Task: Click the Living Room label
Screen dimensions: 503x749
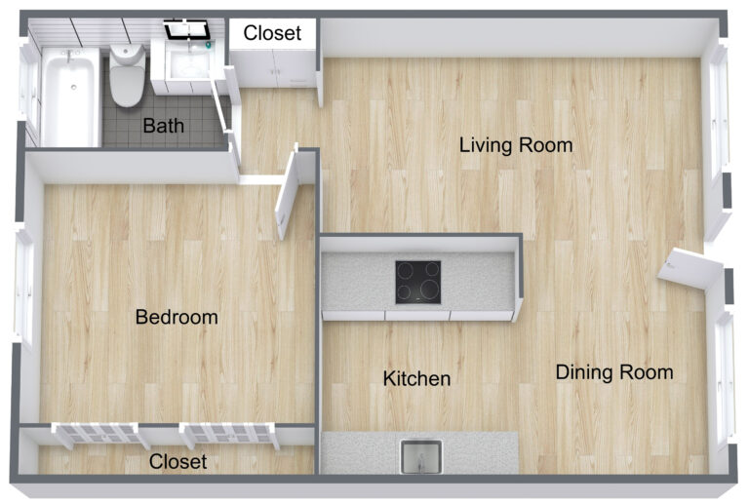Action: pyautogui.click(x=516, y=146)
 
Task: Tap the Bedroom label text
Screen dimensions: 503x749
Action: pyautogui.click(x=177, y=317)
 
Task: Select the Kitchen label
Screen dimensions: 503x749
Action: pyautogui.click(x=416, y=378)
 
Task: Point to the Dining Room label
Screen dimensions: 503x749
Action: pyautogui.click(x=614, y=371)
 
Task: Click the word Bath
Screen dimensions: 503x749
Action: pyautogui.click(x=163, y=126)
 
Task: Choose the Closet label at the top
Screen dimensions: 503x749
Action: pyautogui.click(x=272, y=33)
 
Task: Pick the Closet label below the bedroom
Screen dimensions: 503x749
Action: pyautogui.click(x=177, y=461)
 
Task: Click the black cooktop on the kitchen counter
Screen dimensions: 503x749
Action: pyautogui.click(x=417, y=282)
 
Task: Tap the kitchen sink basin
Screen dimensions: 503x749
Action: pyautogui.click(x=421, y=456)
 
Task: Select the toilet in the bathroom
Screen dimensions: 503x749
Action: pyautogui.click(x=127, y=75)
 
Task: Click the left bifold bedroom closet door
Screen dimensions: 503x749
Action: pyautogui.click(x=101, y=434)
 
